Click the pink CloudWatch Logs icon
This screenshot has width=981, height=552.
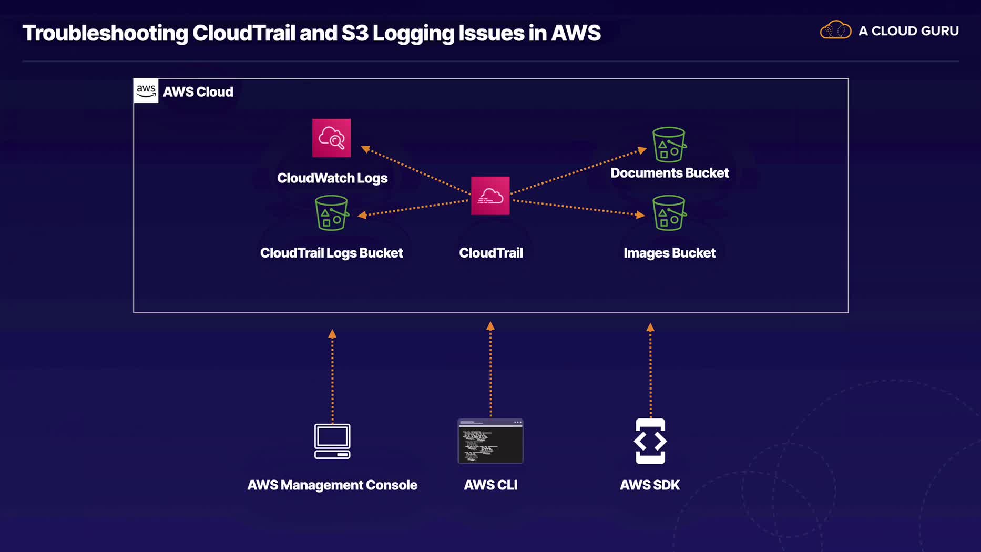tap(331, 138)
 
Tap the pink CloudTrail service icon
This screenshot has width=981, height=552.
tap(490, 196)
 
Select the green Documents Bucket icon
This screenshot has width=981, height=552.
tap(669, 145)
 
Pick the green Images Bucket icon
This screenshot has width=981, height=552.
tap(669, 213)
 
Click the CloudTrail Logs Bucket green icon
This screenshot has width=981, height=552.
tap(331, 213)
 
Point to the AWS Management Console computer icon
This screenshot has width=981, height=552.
tap(332, 441)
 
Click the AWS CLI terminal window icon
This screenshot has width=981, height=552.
tap(490, 441)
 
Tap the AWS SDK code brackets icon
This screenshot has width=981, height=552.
tap(650, 441)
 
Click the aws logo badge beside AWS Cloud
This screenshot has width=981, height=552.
tap(146, 90)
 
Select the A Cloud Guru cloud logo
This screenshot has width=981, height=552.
tap(835, 30)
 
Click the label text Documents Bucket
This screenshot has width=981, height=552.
tap(669, 173)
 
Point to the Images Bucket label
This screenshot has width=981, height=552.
tap(669, 253)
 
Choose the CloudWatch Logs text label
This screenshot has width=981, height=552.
tap(332, 178)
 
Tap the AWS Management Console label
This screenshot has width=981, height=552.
tap(332, 485)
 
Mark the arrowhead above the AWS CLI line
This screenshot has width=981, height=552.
tap(490, 326)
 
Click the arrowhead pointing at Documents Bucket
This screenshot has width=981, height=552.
tap(642, 150)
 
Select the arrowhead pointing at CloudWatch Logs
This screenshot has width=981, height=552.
tap(365, 149)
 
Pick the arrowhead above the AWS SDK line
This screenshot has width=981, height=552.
tap(650, 327)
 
